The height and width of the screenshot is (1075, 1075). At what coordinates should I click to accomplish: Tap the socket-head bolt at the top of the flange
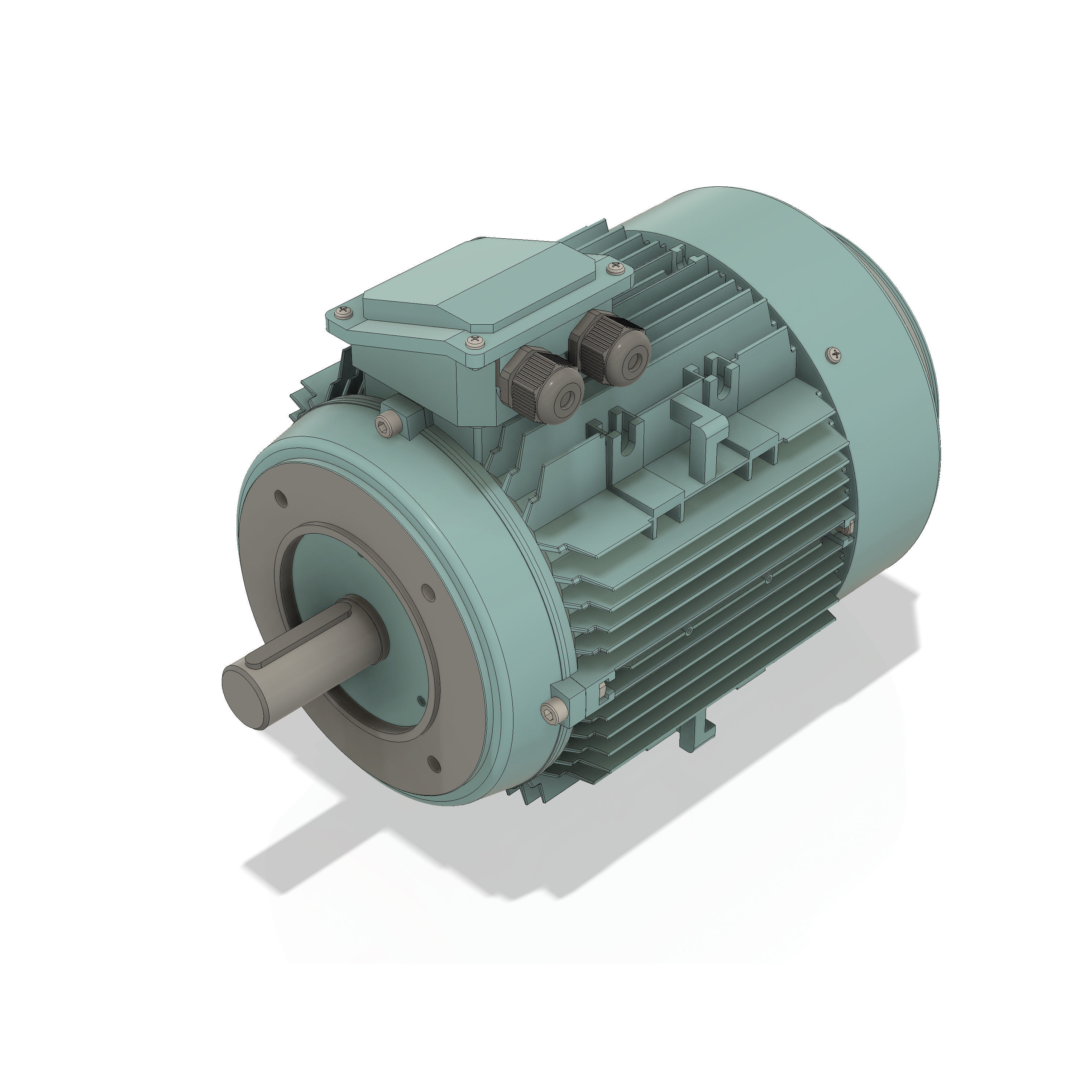coord(385,426)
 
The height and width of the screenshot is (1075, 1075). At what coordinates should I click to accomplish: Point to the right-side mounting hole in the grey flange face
coord(428,592)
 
